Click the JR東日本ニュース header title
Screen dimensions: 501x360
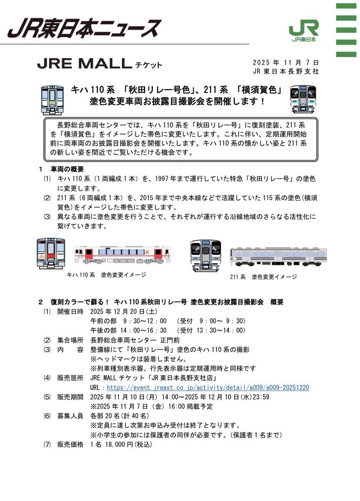pyautogui.click(x=84, y=28)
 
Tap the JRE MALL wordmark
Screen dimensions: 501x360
pyautogui.click(x=84, y=63)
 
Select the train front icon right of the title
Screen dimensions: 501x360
pyautogui.click(x=303, y=99)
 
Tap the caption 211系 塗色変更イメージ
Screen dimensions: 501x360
pyautogui.click(x=263, y=276)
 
